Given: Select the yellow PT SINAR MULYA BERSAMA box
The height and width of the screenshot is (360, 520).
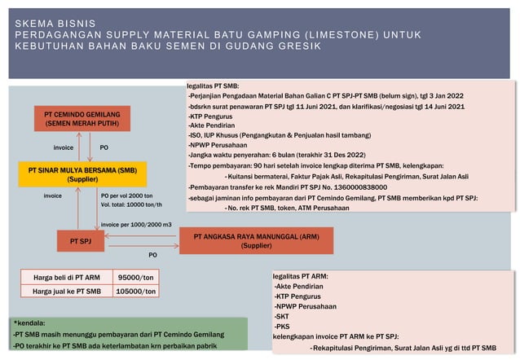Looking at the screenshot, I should tap(82, 174).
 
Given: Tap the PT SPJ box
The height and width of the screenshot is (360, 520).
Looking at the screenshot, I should tap(81, 241).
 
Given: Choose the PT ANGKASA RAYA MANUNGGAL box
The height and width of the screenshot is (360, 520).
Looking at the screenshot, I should tap(257, 241).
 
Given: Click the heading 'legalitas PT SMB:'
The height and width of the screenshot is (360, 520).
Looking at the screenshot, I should tap(213, 86).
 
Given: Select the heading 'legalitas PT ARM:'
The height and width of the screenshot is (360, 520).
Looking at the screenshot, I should tap(301, 276).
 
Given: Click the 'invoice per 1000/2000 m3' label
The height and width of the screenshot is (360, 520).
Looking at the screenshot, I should tap(135, 223).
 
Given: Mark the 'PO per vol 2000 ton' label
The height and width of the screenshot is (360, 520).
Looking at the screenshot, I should tap(126, 195).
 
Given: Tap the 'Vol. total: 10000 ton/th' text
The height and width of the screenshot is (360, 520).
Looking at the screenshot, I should tap(130, 205).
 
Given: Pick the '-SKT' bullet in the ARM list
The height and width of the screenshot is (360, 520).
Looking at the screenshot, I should tap(283, 316).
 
